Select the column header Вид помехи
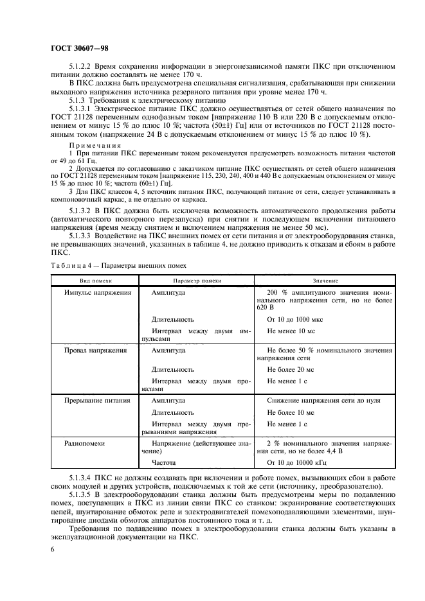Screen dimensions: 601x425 [96, 281]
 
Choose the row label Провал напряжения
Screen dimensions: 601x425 [95, 351]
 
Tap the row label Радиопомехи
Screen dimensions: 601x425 [84, 443]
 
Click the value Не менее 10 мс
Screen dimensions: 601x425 [291, 331]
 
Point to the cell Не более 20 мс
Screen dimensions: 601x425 [291, 369]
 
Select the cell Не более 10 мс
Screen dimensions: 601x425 [291, 412]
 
